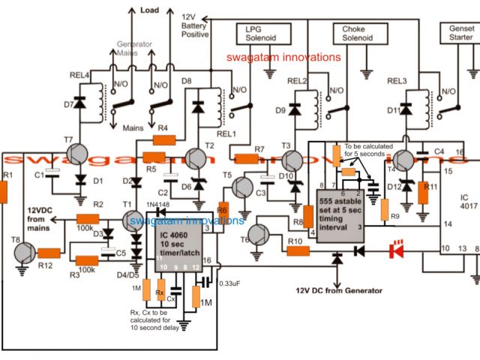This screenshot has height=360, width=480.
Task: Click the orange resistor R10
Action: coord(299,251)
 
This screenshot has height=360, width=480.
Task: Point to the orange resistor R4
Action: coord(163,139)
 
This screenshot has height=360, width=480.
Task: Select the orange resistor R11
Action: coord(424,194)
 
